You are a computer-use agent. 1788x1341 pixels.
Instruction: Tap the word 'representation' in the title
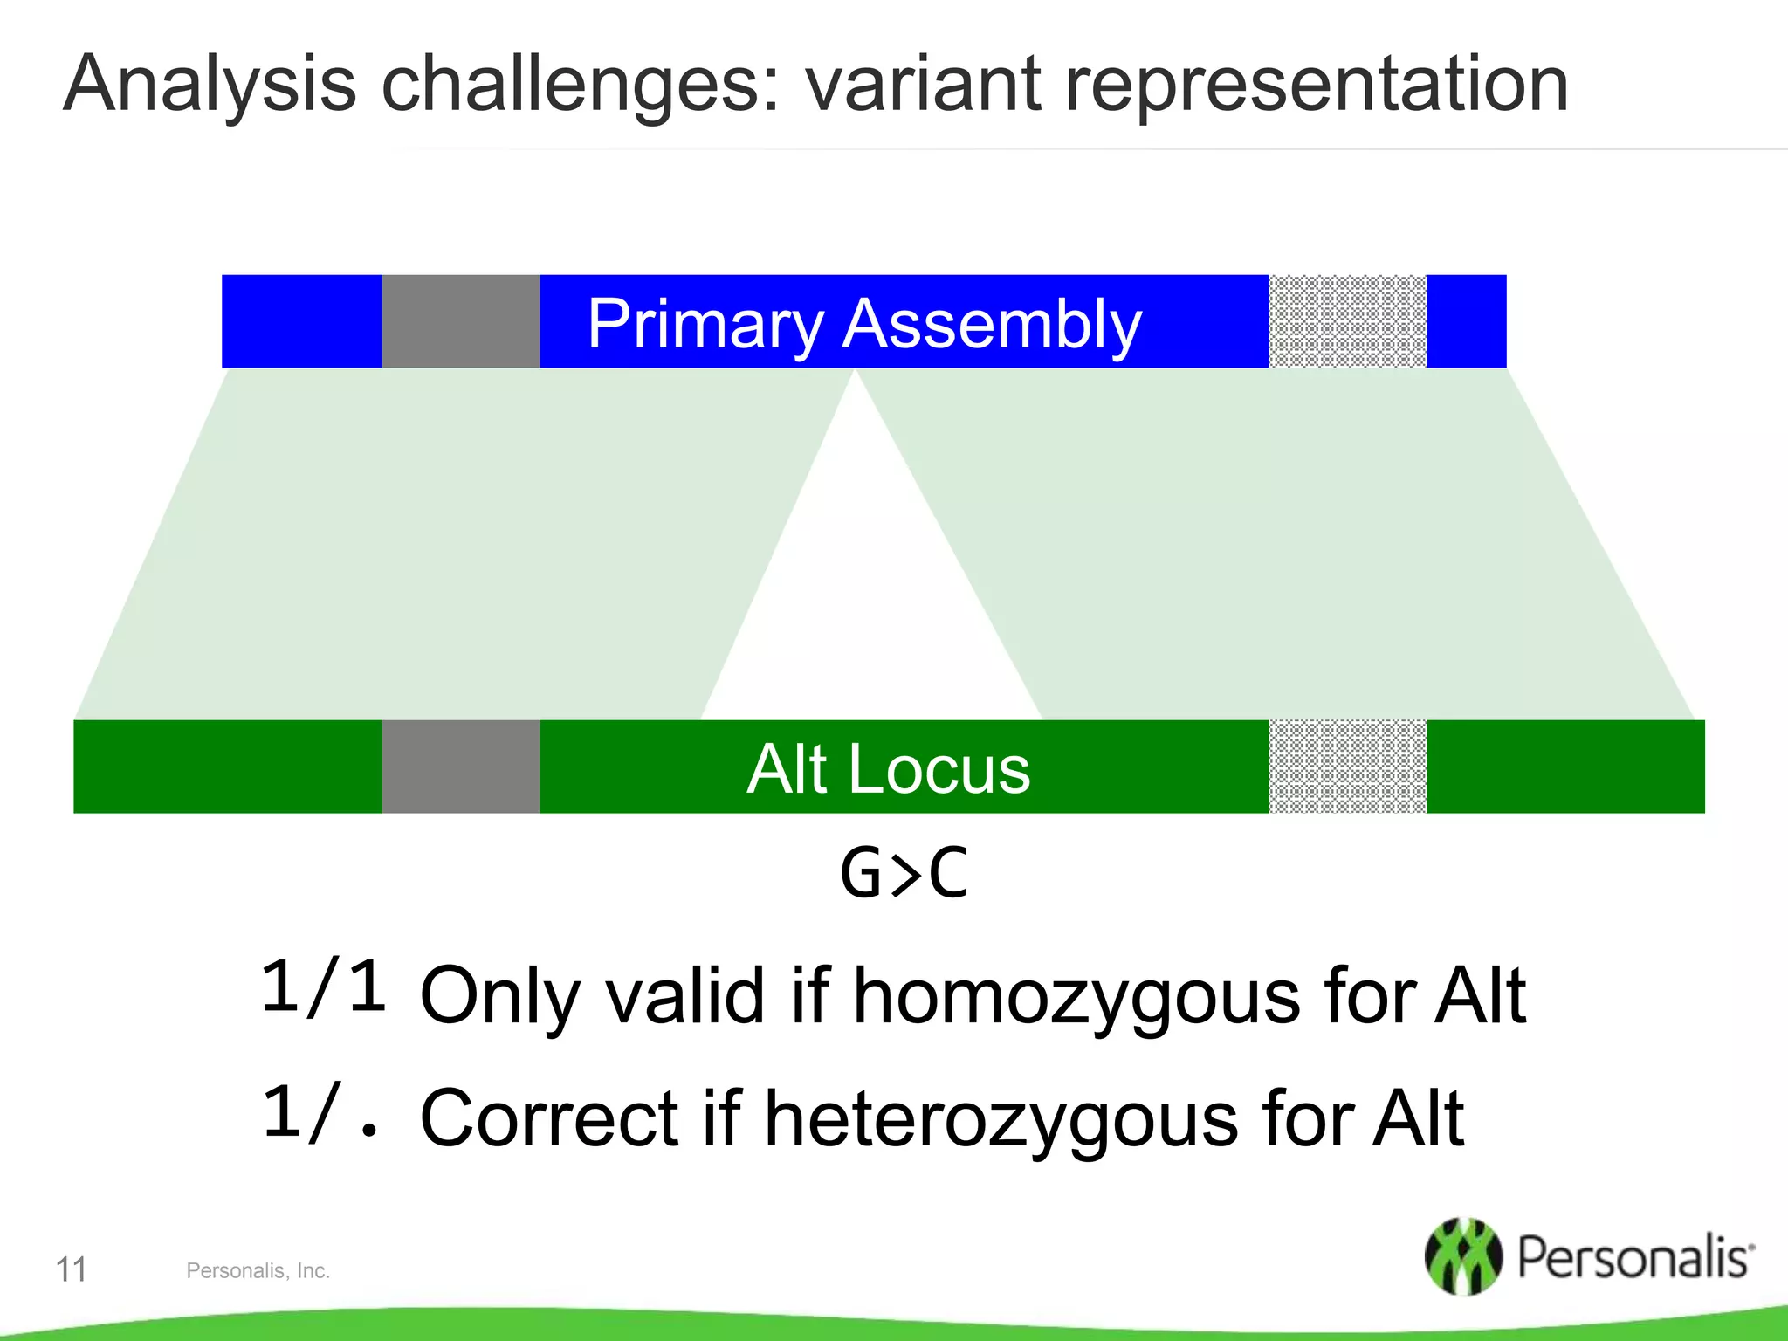click(1317, 86)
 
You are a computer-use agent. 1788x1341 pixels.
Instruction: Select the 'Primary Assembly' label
click(864, 323)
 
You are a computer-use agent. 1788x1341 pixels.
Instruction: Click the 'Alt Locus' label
click(889, 768)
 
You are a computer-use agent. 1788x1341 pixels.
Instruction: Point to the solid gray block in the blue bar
click(460, 321)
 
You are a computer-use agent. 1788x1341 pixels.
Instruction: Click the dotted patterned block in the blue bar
click(1347, 321)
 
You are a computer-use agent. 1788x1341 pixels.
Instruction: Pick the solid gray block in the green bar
click(460, 767)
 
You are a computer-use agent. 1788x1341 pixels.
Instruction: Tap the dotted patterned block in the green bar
click(1347, 767)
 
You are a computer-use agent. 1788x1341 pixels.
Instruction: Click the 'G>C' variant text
click(904, 873)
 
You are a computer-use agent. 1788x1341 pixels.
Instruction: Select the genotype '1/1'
click(323, 987)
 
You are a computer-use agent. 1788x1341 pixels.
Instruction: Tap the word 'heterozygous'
click(1001, 1119)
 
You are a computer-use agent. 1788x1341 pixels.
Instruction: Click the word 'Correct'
click(549, 1119)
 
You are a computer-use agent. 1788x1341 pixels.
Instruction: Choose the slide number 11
click(71, 1269)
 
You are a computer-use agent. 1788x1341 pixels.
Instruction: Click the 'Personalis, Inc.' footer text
click(258, 1271)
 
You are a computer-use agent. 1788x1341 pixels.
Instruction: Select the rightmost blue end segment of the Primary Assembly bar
click(1467, 321)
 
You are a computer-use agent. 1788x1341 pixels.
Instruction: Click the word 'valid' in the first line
click(685, 997)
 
